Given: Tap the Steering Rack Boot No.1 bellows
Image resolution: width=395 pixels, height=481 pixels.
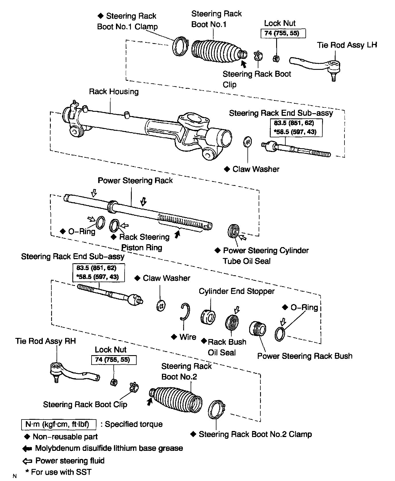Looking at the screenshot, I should coord(214,51).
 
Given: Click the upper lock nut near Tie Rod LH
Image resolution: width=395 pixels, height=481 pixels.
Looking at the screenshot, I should coord(276,58).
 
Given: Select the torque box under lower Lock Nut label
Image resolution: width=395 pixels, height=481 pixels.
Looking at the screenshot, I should coord(114,360).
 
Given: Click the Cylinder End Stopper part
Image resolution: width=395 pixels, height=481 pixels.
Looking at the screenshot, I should coord(208,317).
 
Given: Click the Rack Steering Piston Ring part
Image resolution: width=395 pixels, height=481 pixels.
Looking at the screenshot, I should coord(114,226).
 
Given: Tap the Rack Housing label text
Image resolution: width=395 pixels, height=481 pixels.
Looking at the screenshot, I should coord(114,92).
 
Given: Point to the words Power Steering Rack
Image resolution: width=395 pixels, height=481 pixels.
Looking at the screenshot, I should coord(135,181).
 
